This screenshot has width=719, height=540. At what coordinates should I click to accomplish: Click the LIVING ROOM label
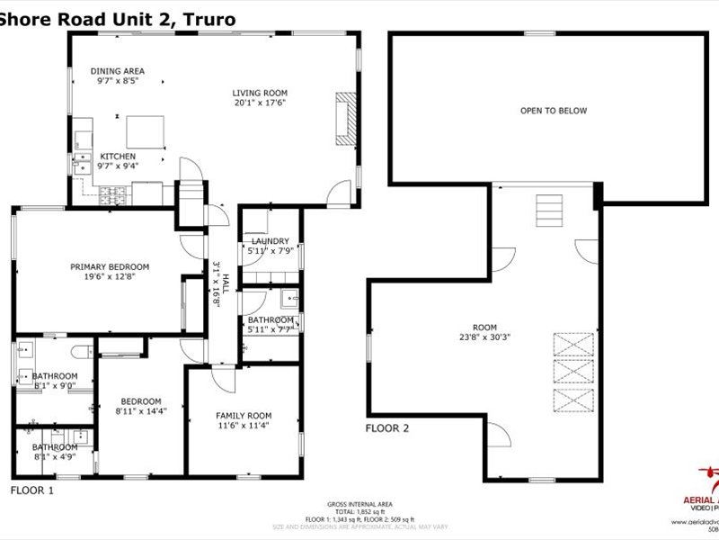click(259, 93)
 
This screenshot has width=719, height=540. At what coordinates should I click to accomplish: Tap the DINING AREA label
click(118, 71)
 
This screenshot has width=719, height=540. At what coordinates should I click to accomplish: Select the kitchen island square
click(146, 131)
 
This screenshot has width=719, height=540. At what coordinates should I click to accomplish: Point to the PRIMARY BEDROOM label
click(110, 266)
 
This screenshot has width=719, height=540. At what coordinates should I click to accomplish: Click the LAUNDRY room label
click(270, 241)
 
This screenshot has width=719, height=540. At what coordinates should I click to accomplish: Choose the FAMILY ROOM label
click(243, 415)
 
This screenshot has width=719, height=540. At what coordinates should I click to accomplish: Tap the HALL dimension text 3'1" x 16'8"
click(216, 285)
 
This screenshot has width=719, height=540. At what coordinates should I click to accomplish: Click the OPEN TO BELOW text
click(553, 111)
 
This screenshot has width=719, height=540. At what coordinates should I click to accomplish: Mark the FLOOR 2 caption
click(387, 428)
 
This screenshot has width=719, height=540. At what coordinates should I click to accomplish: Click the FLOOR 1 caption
click(32, 490)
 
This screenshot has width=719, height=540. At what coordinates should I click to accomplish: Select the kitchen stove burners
click(114, 192)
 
